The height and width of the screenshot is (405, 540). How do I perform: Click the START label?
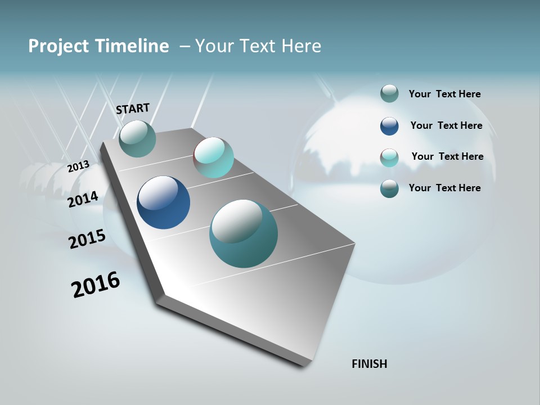coord(133,108)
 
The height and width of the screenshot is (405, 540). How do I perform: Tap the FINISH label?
coord(369,364)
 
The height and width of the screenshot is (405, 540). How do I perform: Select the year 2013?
coord(78,166)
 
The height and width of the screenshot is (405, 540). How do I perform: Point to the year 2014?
coord(83,199)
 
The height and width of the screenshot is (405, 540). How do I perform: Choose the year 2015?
coord(87,239)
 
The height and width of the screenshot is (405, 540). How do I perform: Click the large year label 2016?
coord(96,285)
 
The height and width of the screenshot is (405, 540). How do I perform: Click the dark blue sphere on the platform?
coord(163,202)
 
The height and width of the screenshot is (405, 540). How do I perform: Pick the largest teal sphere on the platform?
coord(244,233)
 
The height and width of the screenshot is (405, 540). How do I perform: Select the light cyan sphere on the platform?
coord(213,157)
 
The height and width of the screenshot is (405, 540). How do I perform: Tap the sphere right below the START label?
coord(137,138)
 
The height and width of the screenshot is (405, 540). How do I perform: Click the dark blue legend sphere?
coord(389,126)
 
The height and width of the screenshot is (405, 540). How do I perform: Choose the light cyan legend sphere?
coord(389,157)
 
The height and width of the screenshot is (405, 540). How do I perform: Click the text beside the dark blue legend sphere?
coord(446,125)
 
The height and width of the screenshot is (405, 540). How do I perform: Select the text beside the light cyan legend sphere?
coord(447,156)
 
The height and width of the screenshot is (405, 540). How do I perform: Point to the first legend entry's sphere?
coord(389,93)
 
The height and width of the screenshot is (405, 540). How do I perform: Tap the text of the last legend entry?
coord(444,188)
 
